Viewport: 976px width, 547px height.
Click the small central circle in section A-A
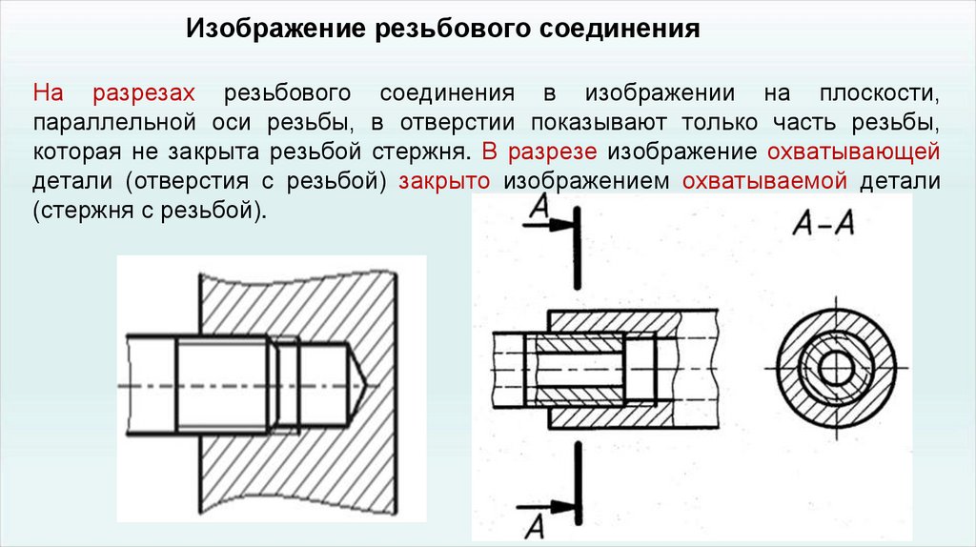(x=837, y=367)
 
